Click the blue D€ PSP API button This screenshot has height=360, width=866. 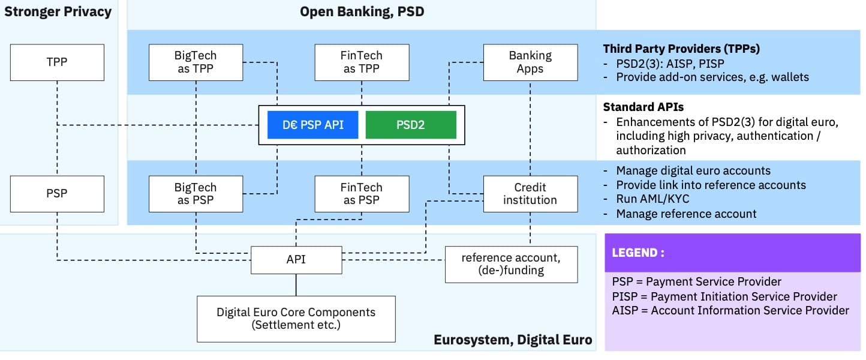tap(312, 125)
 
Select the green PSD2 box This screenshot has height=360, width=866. tap(411, 125)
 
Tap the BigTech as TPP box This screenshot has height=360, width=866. tap(196, 62)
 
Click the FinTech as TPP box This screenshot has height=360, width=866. tap(362, 62)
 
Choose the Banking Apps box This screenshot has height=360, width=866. tap(530, 62)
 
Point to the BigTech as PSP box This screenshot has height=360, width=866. tap(196, 194)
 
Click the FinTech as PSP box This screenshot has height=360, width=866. tap(362, 194)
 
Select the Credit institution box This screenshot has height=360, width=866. tap(530, 194)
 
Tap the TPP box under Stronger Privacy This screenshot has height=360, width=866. tap(57, 62)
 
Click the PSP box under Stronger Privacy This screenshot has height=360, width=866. tap(57, 194)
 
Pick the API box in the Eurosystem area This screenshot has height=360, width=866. tap(296, 259)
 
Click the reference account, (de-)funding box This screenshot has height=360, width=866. tap(511, 264)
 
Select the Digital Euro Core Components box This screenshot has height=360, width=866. tap(296, 319)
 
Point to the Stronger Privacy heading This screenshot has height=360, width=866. tap(58, 11)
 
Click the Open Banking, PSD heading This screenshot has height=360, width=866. tap(362, 11)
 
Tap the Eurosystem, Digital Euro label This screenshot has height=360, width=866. tap(513, 340)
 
